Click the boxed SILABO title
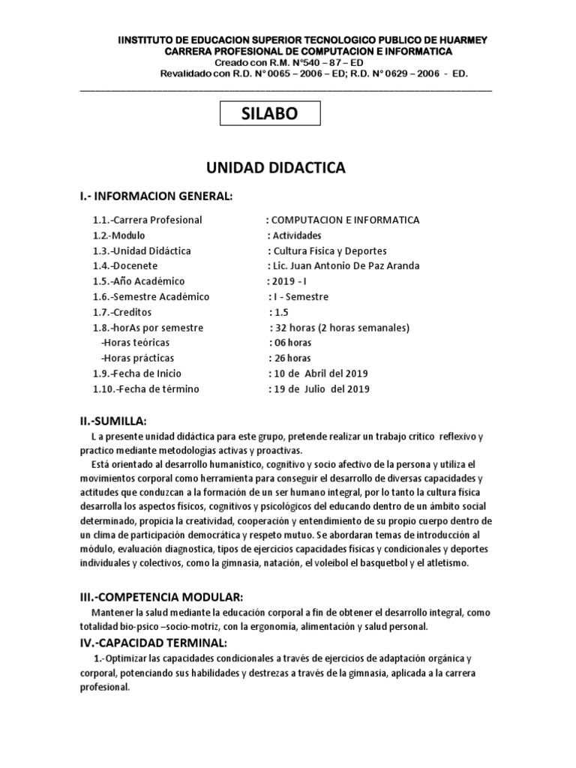269,114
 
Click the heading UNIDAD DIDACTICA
276,168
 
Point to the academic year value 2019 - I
286,281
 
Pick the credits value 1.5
279,312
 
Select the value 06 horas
290,343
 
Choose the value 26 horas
290,358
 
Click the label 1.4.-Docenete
125,265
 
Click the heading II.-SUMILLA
113,421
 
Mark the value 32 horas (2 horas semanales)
339,328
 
